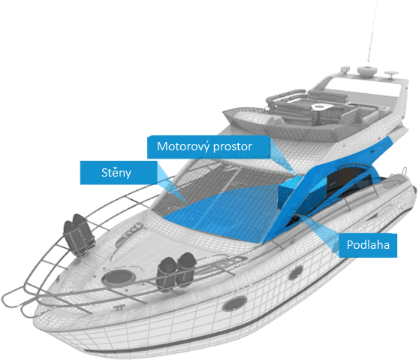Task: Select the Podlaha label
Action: click(368, 245)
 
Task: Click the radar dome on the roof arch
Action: click(367, 71)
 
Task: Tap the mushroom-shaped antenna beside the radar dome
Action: click(391, 74)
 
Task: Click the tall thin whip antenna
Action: click(372, 32)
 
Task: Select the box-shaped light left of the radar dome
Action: click(345, 69)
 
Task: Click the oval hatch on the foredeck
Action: click(117, 277)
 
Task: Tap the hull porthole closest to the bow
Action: click(234, 304)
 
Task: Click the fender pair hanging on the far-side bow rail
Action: click(79, 234)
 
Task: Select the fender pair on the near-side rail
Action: click(176, 271)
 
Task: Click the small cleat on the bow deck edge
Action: click(119, 307)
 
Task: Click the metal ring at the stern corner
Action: click(405, 171)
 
